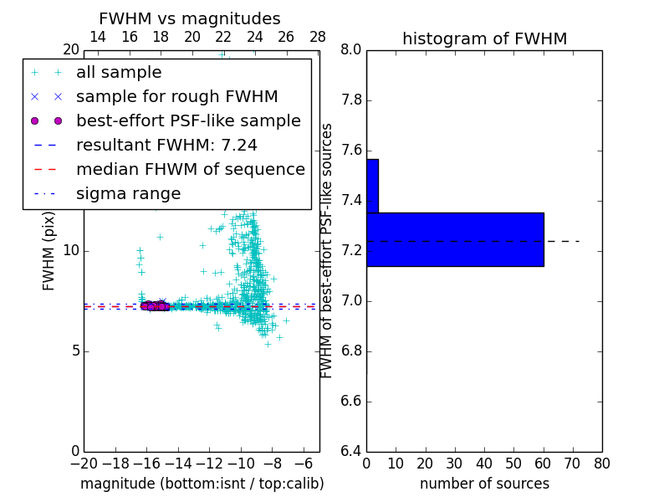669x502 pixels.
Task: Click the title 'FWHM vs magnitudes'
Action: click(190, 19)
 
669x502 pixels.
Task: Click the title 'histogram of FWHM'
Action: click(484, 38)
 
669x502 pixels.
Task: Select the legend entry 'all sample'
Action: click(119, 73)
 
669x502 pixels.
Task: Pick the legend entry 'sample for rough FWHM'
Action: click(176, 97)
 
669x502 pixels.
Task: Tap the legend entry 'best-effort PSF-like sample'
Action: click(188, 121)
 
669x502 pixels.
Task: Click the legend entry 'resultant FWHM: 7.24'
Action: click(166, 146)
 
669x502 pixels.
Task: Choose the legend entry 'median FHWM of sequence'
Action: click(190, 170)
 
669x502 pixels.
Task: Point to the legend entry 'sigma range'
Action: click(128, 194)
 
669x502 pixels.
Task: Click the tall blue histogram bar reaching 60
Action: click(455, 239)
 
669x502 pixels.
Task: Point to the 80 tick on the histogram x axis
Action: click(602, 464)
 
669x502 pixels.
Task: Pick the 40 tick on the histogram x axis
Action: click(484, 464)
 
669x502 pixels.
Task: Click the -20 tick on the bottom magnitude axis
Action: click(84, 464)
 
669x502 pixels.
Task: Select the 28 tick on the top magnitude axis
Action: click(318, 37)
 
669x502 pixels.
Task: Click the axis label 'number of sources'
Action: click(484, 484)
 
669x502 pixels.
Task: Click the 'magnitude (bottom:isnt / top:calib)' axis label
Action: click(202, 484)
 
